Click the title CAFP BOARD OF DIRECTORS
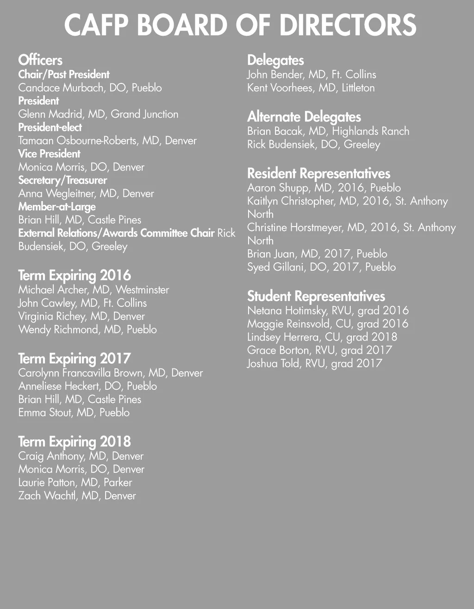(x=240, y=25)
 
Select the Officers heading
(x=40, y=60)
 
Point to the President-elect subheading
(x=50, y=127)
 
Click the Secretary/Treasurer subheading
(x=62, y=180)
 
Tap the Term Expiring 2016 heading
(x=75, y=275)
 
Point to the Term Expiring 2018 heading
(x=75, y=441)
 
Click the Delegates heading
(x=275, y=60)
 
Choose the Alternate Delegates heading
(x=304, y=116)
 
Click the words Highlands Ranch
(x=370, y=131)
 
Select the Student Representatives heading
(x=316, y=296)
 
